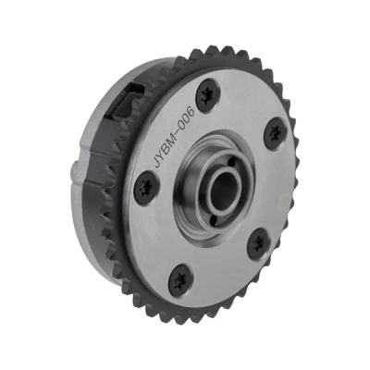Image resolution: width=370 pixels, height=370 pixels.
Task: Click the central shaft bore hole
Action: click(225, 189)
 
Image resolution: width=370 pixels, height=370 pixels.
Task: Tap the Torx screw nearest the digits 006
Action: click(208, 95)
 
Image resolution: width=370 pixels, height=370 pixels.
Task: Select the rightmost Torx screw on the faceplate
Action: click(276, 133)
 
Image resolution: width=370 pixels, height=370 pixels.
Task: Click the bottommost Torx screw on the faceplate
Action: click(181, 280)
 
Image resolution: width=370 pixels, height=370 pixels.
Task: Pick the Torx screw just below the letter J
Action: click(147, 189)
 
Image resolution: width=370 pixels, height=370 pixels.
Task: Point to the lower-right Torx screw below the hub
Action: click(259, 244)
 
